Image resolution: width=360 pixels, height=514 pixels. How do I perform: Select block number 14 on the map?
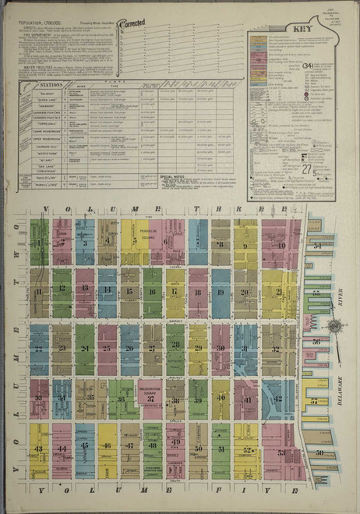108,292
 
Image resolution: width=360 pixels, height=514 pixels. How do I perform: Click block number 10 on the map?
281,245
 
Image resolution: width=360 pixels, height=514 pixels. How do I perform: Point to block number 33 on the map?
38,398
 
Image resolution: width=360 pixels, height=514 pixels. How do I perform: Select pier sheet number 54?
316,246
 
